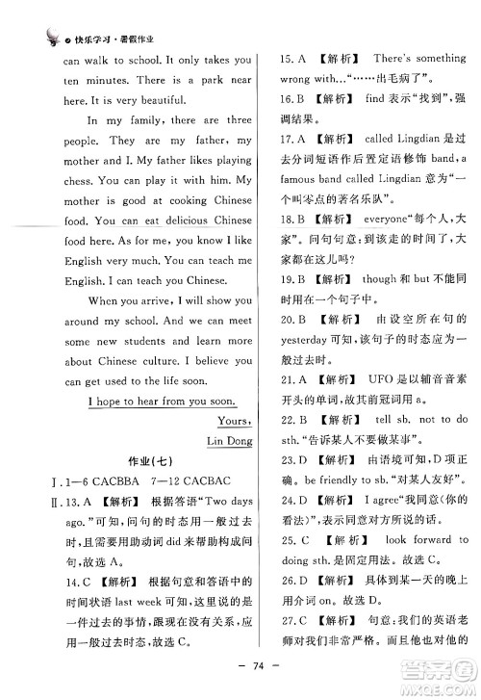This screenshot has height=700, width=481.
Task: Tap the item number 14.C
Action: pyautogui.click(x=57, y=583)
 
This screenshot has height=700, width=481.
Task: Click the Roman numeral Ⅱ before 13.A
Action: pyautogui.click(x=39, y=503)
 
